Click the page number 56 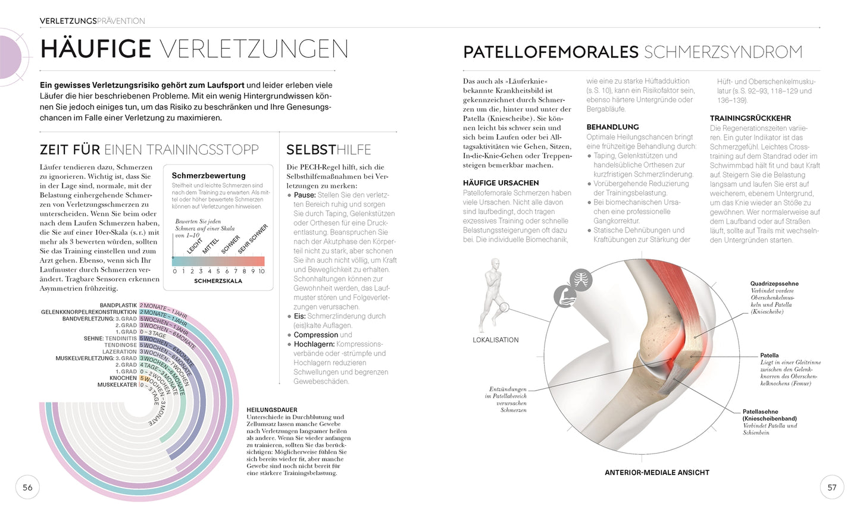pos(27,487)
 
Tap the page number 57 pos(832,487)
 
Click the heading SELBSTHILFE pos(329,150)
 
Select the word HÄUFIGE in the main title pos(96,49)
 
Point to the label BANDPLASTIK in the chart pos(118,306)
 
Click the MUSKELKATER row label pos(117,385)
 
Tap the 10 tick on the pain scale pos(261,271)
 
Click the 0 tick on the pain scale pos(174,271)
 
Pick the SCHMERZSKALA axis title pos(218,281)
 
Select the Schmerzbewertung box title pos(208,175)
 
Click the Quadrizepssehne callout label pos(774,284)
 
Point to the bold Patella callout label pos(769,355)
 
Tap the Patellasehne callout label pos(760,411)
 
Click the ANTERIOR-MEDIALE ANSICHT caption pos(657,473)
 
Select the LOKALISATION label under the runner pos(496,340)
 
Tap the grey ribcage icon pos(580,279)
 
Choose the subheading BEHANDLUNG pos(612,127)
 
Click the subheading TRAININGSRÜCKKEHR pos(750,118)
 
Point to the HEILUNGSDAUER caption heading pos(272,410)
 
